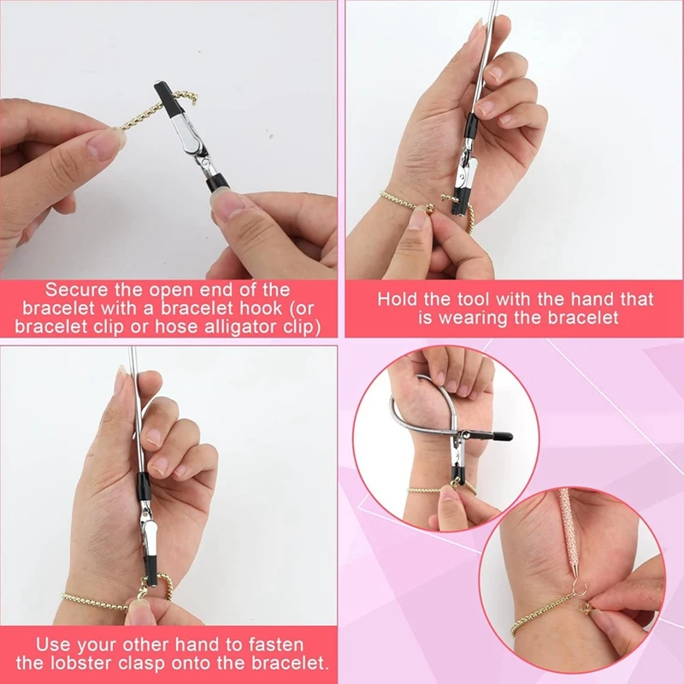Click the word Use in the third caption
[x=52, y=644]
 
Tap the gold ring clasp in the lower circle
[x=583, y=612]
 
